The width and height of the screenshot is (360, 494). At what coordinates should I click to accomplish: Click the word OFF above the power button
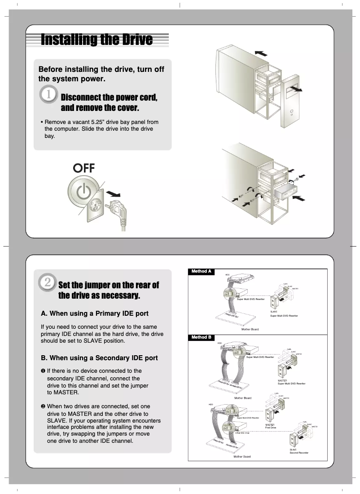[x=84, y=168]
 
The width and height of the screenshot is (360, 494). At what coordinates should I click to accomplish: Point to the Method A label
[x=201, y=271]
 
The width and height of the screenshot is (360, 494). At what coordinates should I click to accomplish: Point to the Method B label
[x=201, y=337]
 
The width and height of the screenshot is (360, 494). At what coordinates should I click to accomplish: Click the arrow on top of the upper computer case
[x=260, y=53]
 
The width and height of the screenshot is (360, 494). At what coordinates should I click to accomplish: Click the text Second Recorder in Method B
[x=299, y=453]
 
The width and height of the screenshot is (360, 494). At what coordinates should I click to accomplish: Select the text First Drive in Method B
[x=271, y=428]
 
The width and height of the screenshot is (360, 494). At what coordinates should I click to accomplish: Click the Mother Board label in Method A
[x=250, y=329]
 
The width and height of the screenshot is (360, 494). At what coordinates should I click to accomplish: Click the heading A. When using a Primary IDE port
[x=95, y=313]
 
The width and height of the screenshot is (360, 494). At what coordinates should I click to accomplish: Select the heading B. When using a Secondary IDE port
[x=99, y=358]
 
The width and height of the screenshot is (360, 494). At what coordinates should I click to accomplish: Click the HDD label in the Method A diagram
[x=227, y=275]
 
